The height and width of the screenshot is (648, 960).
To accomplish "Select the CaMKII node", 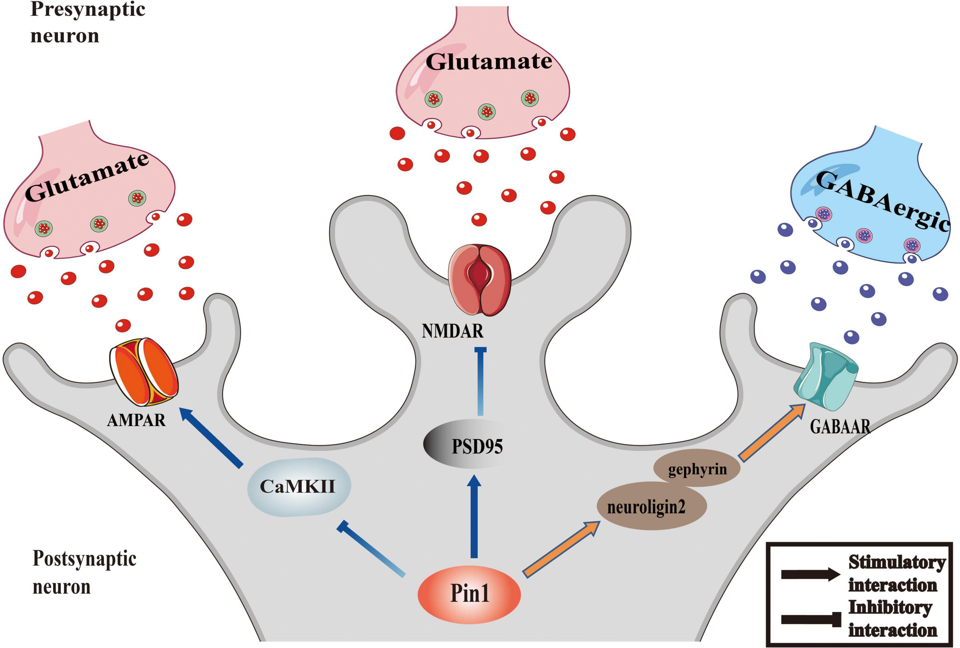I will [299, 486].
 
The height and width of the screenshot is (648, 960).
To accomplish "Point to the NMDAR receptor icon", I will [480, 280].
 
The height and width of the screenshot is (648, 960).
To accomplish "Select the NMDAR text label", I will [452, 331].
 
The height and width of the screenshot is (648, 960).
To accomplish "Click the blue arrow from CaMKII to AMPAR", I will [211, 437].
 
